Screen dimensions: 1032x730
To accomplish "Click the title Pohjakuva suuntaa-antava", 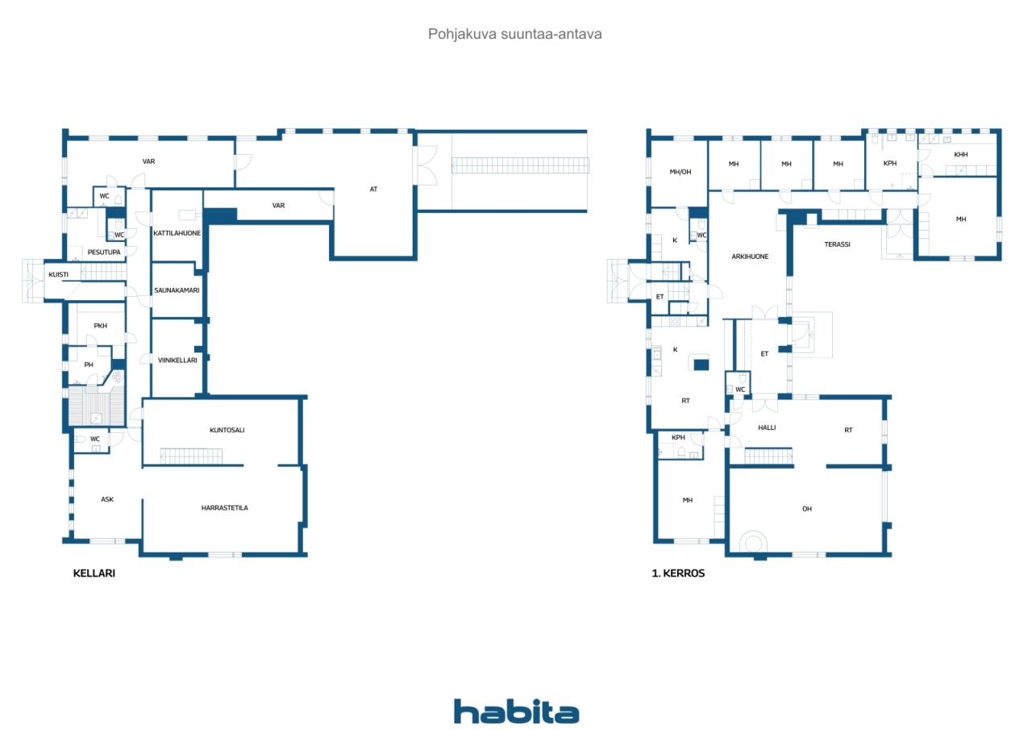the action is [514, 34].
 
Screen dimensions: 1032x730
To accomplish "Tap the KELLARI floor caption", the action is [94, 574].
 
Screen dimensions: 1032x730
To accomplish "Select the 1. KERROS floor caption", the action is [678, 574].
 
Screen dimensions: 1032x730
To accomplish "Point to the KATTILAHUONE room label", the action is [177, 233].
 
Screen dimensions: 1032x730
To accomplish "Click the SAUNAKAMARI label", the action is [177, 290].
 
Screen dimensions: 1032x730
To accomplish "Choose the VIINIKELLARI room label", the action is [177, 361].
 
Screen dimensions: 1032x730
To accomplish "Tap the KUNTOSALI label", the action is [227, 430].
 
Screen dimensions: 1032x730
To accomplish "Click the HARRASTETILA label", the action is [224, 508].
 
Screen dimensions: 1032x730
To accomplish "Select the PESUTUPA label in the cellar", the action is [104, 252].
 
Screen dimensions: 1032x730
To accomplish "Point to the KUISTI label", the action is [59, 275].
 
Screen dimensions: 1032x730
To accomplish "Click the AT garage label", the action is [373, 189].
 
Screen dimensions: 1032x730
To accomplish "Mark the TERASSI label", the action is [837, 244].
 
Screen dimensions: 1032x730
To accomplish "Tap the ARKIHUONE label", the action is [750, 257].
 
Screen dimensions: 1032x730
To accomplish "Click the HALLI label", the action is [767, 428].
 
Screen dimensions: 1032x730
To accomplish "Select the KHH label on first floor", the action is [960, 155].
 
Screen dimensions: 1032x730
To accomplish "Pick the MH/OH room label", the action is [680, 173].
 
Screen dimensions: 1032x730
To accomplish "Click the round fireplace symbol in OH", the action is [753, 542].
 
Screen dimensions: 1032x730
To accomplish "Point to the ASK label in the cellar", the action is [107, 499].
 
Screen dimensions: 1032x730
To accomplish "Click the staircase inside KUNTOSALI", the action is [191, 457].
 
